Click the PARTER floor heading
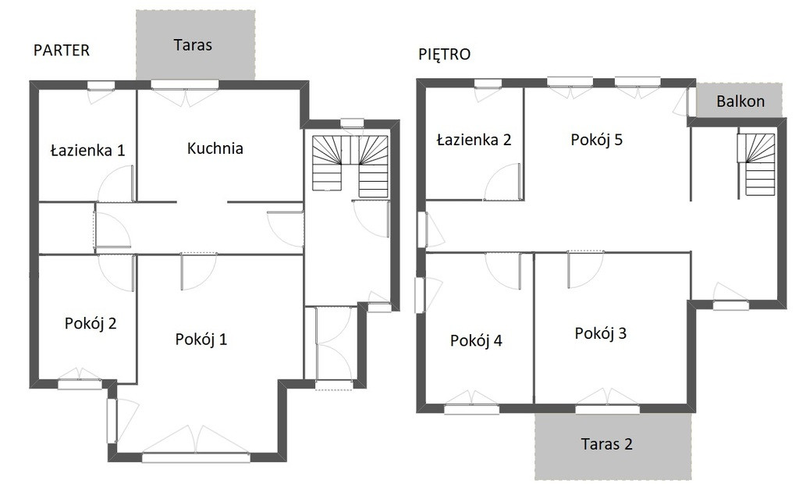pyautogui.click(x=61, y=50)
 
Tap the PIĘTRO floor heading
pyautogui.click(x=444, y=54)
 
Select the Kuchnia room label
pyautogui.click(x=215, y=148)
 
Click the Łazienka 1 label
pyautogui.click(x=87, y=151)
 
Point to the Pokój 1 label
pyautogui.click(x=201, y=339)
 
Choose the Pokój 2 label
pyautogui.click(x=91, y=323)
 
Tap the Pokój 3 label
pyautogui.click(x=600, y=333)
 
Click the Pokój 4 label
pyautogui.click(x=476, y=340)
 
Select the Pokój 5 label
pyautogui.click(x=596, y=140)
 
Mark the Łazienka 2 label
pyautogui.click(x=474, y=140)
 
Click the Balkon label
pyautogui.click(x=740, y=101)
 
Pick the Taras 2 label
pyautogui.click(x=606, y=443)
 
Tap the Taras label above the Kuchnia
pyautogui.click(x=193, y=44)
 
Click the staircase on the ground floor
pyautogui.click(x=350, y=165)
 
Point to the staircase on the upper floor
pyautogui.click(x=756, y=164)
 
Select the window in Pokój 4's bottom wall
pyautogui.click(x=472, y=408)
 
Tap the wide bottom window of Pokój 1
pyautogui.click(x=196, y=457)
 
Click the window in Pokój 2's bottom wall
pyautogui.click(x=80, y=385)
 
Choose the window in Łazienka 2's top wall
pyautogui.click(x=488, y=84)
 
